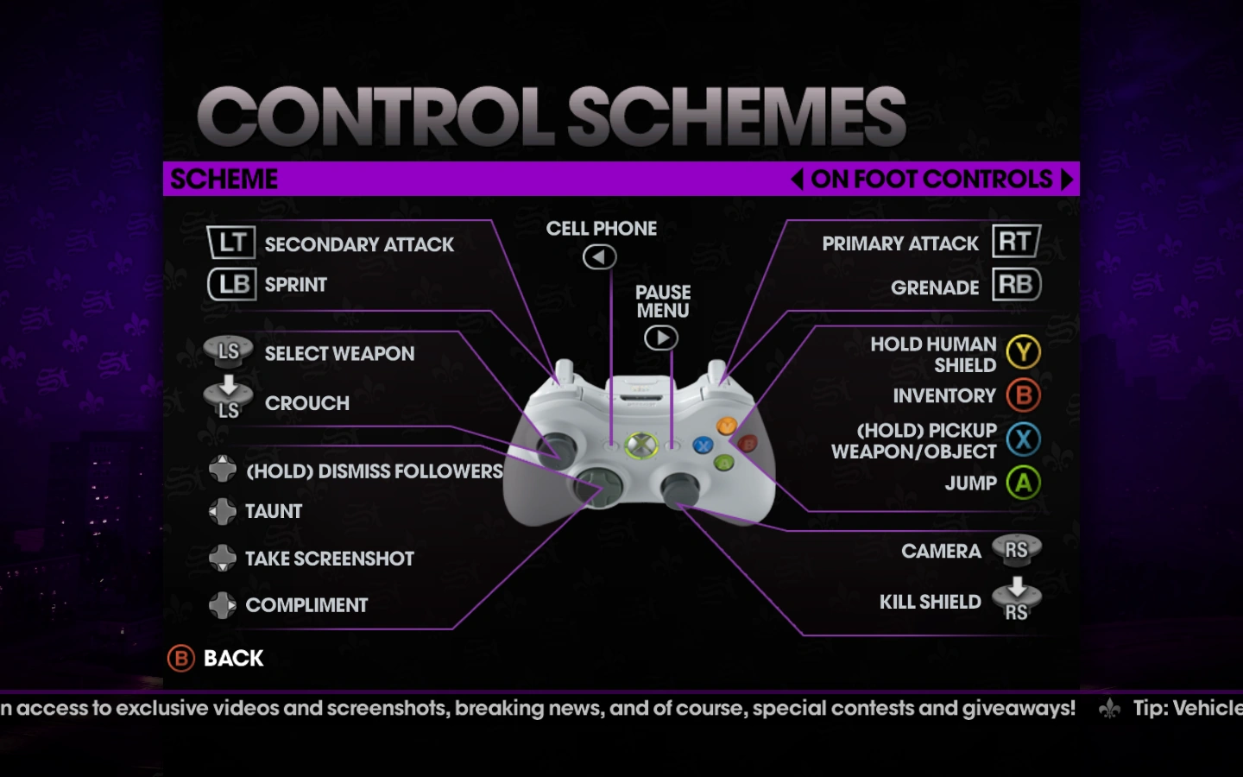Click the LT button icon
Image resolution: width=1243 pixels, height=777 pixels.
(x=231, y=243)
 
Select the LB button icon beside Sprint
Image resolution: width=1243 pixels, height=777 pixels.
(x=231, y=284)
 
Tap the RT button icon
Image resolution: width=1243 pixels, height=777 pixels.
(x=1016, y=241)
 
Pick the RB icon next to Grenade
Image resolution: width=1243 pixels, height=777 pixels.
(x=1016, y=284)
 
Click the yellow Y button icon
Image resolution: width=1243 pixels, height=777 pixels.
(x=1023, y=352)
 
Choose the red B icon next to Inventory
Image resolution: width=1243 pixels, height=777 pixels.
(x=1023, y=395)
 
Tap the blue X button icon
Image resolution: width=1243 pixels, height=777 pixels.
(x=1023, y=439)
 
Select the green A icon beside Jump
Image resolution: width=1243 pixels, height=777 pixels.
(x=1023, y=483)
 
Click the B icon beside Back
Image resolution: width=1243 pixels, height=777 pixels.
(x=181, y=659)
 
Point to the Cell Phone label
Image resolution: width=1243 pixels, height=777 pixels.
(x=601, y=229)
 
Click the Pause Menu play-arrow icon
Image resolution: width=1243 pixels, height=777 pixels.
(x=661, y=338)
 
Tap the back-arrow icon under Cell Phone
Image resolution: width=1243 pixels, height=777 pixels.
(x=599, y=256)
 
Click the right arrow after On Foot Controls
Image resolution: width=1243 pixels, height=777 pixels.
(x=1067, y=179)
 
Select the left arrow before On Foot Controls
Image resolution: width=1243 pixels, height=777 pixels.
(x=797, y=179)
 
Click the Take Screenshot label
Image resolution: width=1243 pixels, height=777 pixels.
(x=329, y=559)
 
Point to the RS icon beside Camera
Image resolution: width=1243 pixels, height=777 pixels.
(x=1016, y=550)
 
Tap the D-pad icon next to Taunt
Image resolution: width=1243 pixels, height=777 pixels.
(x=223, y=511)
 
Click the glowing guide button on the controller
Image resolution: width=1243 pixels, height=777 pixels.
(x=640, y=445)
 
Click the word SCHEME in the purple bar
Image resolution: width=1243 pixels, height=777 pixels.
(x=224, y=179)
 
